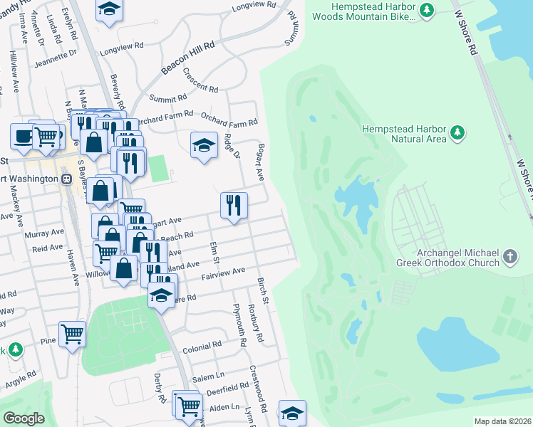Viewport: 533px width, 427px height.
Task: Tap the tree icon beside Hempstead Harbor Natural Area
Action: [x=457, y=132]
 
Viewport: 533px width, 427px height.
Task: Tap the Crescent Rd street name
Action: [x=200, y=80]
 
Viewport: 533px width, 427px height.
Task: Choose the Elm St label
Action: [x=213, y=253]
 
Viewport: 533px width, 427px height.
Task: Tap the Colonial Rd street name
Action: [x=202, y=347]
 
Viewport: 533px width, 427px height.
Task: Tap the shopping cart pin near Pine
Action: [x=72, y=333]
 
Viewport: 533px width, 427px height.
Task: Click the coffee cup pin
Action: [x=22, y=136]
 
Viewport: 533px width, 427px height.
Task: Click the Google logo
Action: [x=24, y=418]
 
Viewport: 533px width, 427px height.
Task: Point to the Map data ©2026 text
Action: [x=502, y=421]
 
